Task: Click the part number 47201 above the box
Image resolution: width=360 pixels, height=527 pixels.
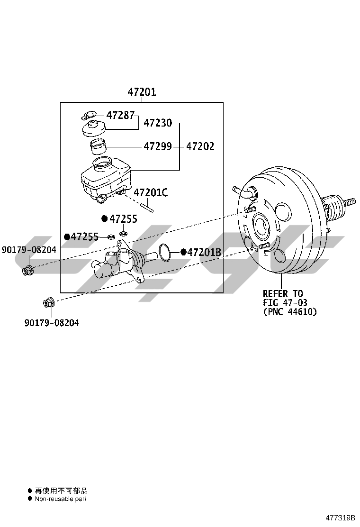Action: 142,92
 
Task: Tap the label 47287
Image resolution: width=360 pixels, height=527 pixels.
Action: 120,115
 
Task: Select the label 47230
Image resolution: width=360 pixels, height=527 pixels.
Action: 157,123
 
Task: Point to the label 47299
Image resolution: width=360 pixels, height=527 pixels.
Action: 157,146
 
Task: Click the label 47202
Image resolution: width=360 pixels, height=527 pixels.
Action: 200,146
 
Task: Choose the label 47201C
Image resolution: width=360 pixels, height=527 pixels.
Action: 151,192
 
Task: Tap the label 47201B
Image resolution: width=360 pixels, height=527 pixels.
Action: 204,252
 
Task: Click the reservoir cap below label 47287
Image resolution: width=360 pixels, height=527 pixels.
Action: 94,128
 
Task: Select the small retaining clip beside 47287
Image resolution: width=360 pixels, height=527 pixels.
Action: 89,115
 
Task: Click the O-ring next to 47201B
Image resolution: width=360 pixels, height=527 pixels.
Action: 164,253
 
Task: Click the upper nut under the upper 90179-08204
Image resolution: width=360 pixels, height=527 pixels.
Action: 27,270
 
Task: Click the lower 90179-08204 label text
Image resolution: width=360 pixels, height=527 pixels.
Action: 52,323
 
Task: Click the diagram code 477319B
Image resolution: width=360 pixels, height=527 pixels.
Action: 340,517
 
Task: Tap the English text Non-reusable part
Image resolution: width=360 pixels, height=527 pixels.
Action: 61,499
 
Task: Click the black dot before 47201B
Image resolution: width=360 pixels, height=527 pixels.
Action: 183,252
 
